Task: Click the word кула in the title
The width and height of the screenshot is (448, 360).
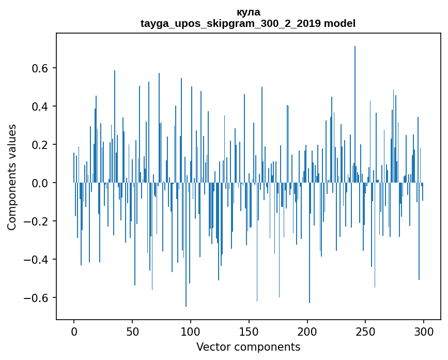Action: pyautogui.click(x=248, y=12)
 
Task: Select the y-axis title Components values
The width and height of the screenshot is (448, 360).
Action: pyautogui.click(x=12, y=177)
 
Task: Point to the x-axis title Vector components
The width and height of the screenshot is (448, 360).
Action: pyautogui.click(x=248, y=347)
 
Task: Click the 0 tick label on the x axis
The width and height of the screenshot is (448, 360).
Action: pyautogui.click(x=74, y=331)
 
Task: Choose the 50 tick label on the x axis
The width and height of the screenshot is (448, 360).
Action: pyautogui.click(x=132, y=331)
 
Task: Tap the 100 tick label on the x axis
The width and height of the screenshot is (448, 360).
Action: pyautogui.click(x=191, y=331)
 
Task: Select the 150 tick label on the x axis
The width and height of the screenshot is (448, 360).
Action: pyautogui.click(x=249, y=331)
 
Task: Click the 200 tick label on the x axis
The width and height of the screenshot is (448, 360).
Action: pyautogui.click(x=307, y=331)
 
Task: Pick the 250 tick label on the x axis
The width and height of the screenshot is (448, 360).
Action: pyautogui.click(x=366, y=331)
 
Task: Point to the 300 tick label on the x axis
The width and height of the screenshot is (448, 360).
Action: pyautogui.click(x=424, y=331)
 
